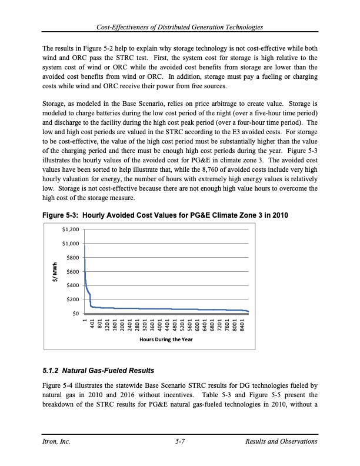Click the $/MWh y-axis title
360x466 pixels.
click(55, 271)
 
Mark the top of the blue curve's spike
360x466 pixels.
click(85, 245)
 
